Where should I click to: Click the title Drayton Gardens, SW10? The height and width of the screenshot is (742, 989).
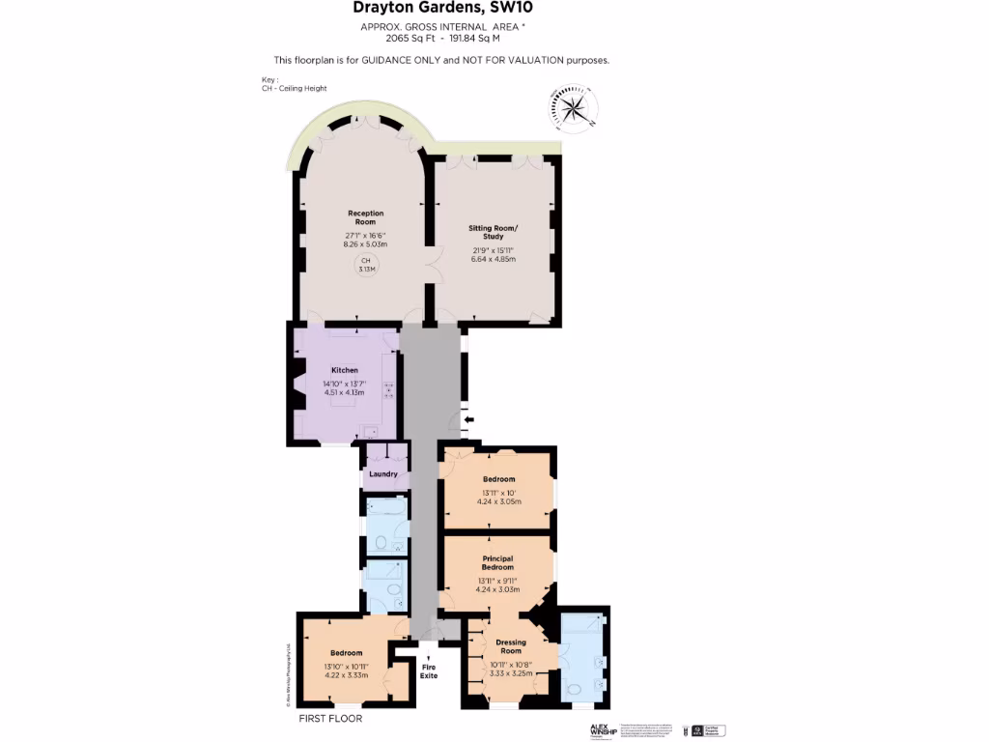[442, 9]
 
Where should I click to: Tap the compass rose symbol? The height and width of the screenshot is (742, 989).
[573, 107]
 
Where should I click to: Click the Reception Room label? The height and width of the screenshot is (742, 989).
[366, 217]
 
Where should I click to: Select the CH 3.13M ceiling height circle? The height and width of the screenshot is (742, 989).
[366, 266]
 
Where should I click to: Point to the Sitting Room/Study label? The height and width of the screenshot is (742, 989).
[494, 233]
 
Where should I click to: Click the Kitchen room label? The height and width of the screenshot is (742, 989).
[345, 370]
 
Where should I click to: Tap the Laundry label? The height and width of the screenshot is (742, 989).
[383, 474]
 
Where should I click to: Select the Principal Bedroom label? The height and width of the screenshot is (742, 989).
[497, 562]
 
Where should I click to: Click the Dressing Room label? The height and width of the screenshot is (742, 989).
[511, 646]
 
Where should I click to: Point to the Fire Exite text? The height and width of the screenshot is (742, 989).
[429, 671]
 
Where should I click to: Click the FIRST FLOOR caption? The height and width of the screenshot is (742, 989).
[331, 719]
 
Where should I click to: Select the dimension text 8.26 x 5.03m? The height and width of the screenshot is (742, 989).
[365, 244]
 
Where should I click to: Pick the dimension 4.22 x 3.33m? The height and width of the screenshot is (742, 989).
[346, 674]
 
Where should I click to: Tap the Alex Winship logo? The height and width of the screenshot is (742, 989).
[604, 731]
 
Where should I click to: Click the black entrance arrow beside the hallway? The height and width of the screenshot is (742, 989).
[468, 419]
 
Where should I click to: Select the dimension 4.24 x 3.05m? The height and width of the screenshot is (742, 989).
[498, 502]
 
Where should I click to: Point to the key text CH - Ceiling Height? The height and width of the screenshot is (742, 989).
[294, 88]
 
